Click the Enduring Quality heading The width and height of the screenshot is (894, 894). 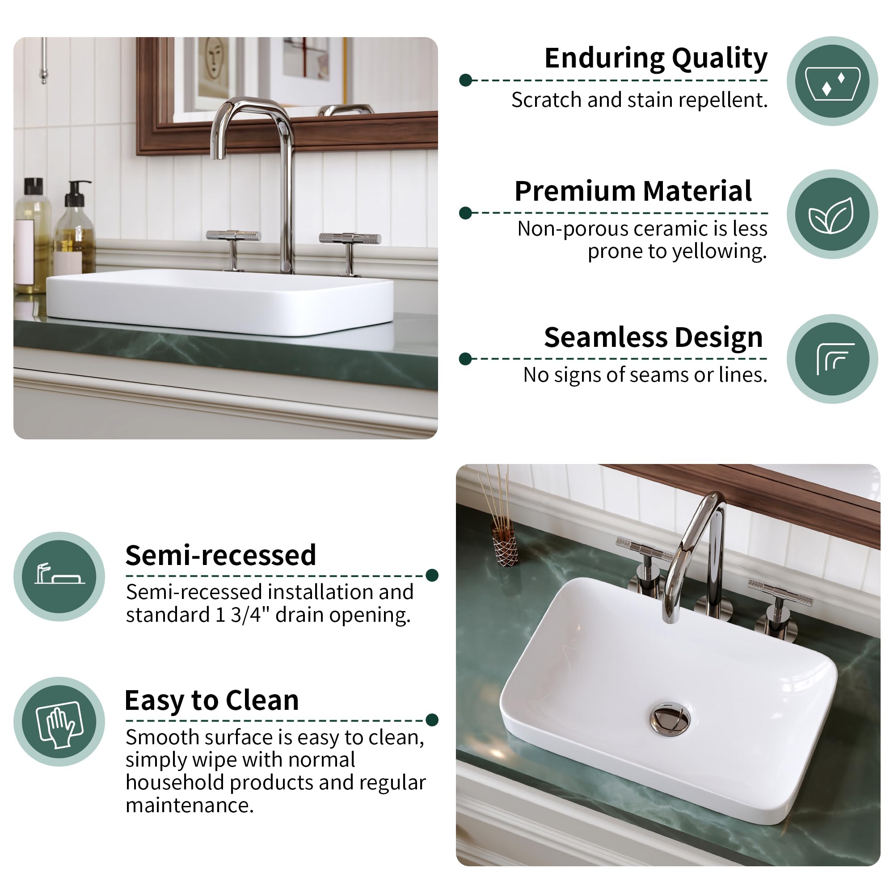656,58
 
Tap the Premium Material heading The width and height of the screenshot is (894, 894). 633,191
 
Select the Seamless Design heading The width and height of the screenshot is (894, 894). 654,337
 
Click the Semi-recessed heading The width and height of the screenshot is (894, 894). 221,555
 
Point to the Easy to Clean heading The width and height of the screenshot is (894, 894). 211,700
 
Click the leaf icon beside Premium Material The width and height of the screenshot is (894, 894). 831,215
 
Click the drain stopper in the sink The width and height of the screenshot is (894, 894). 670,719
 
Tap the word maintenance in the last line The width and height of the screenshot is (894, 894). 190,805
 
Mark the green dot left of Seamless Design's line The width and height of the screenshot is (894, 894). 465,358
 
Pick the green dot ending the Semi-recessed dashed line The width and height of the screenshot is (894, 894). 432,575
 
